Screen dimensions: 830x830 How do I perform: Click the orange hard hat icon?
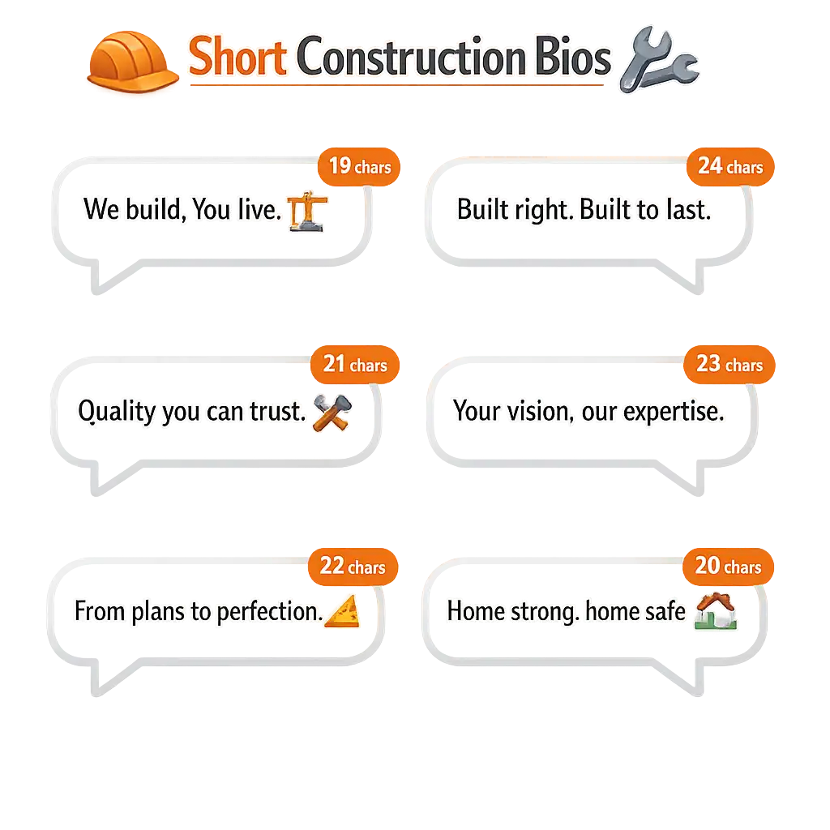click(132, 62)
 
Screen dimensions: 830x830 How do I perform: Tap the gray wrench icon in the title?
click(660, 59)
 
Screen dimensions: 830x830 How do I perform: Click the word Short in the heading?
click(237, 57)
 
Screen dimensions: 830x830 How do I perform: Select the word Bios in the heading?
click(573, 57)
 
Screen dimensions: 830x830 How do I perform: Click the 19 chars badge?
click(359, 167)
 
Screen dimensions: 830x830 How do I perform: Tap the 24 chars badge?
click(730, 167)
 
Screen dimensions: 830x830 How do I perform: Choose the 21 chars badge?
click(355, 365)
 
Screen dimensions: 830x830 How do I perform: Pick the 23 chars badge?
click(729, 365)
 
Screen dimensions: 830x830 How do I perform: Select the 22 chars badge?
click(353, 567)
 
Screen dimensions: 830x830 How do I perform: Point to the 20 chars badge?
click(729, 567)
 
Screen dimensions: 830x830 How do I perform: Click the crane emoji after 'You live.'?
click(307, 212)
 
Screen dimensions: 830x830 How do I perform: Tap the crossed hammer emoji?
click(332, 413)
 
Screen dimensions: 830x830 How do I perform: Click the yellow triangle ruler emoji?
click(342, 611)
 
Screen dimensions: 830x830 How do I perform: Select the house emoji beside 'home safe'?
click(716, 611)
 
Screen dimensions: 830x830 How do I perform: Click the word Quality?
click(117, 412)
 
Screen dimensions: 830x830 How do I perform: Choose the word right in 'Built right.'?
click(542, 210)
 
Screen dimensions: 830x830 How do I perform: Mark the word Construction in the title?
click(411, 57)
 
